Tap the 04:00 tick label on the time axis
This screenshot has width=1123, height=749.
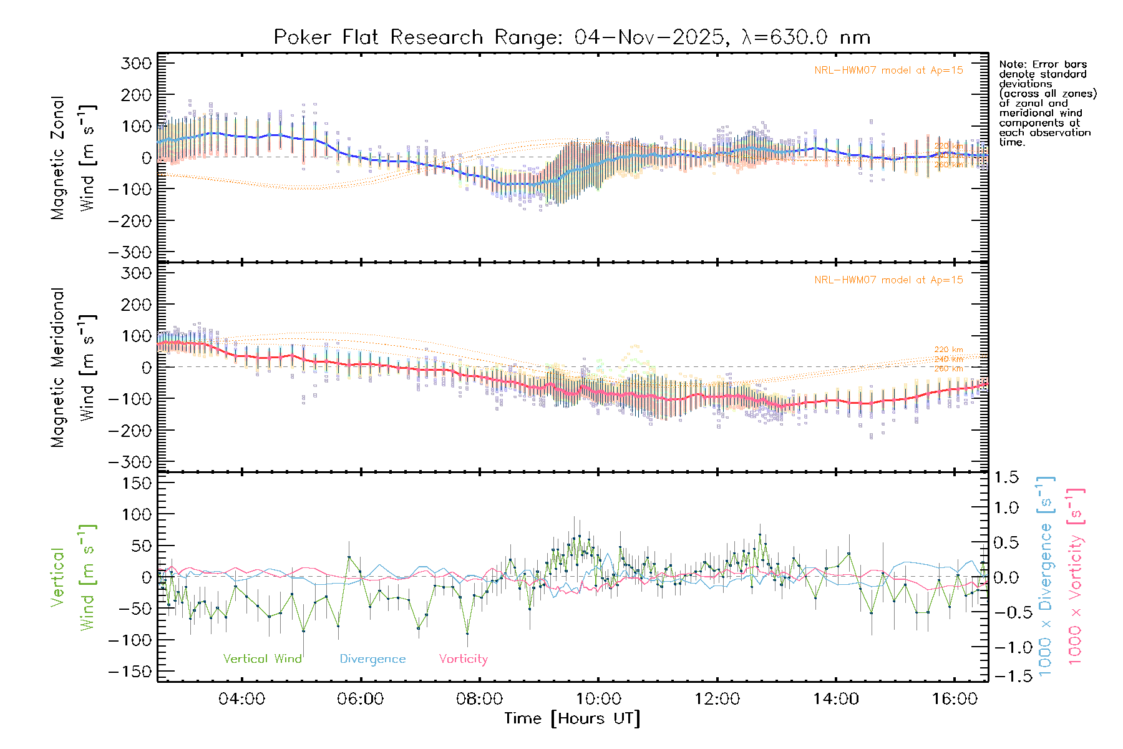[241, 699]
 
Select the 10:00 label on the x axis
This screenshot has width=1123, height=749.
[598, 699]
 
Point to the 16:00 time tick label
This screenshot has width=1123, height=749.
[955, 699]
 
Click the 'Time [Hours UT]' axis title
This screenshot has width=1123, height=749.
[572, 719]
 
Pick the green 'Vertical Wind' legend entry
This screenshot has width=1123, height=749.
[262, 659]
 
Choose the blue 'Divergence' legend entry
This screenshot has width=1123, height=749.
[372, 659]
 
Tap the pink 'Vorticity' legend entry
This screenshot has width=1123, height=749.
[463, 659]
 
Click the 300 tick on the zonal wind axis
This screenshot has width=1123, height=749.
[136, 63]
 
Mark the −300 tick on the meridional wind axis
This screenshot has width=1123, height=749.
[130, 463]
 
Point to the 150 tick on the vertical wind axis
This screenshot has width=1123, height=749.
[136, 483]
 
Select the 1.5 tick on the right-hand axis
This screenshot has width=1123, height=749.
[1006, 477]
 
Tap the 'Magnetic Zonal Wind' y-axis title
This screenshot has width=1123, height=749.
[73, 157]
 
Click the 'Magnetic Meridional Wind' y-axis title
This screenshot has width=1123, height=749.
[73, 367]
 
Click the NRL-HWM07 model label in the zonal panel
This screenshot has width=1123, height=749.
[888, 71]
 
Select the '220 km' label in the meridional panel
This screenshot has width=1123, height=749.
[948, 350]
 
